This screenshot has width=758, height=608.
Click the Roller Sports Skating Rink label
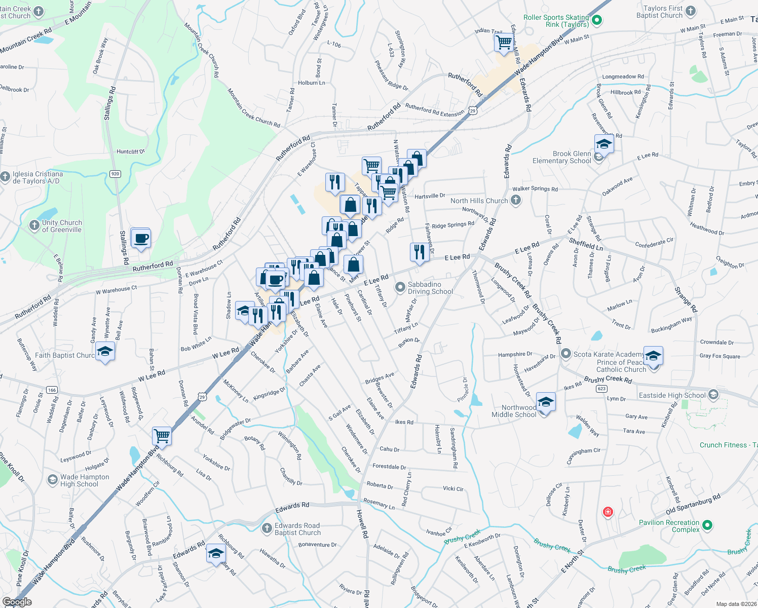[x=556, y=21]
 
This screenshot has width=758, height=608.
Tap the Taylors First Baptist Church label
[x=659, y=12]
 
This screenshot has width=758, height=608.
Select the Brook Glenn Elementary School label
[x=561, y=157]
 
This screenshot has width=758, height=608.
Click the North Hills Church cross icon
[x=516, y=200]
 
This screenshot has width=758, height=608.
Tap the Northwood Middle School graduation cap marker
[x=545, y=402]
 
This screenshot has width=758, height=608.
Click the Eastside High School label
[x=672, y=395]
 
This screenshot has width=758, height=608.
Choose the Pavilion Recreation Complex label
[x=669, y=526]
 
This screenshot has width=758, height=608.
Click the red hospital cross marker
[x=608, y=512]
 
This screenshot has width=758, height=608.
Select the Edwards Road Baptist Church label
[x=297, y=529]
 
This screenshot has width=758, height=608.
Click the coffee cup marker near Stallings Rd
[x=141, y=238]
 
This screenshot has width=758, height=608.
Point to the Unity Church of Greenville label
[x=61, y=226]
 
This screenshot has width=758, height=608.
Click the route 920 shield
[x=115, y=174]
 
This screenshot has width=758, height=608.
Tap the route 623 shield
[x=601, y=389]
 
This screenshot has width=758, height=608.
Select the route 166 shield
[x=52, y=390]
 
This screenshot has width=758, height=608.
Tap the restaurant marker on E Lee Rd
[x=419, y=252]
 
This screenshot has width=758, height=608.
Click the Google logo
[x=17, y=602]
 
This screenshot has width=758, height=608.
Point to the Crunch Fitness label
[x=728, y=445]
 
